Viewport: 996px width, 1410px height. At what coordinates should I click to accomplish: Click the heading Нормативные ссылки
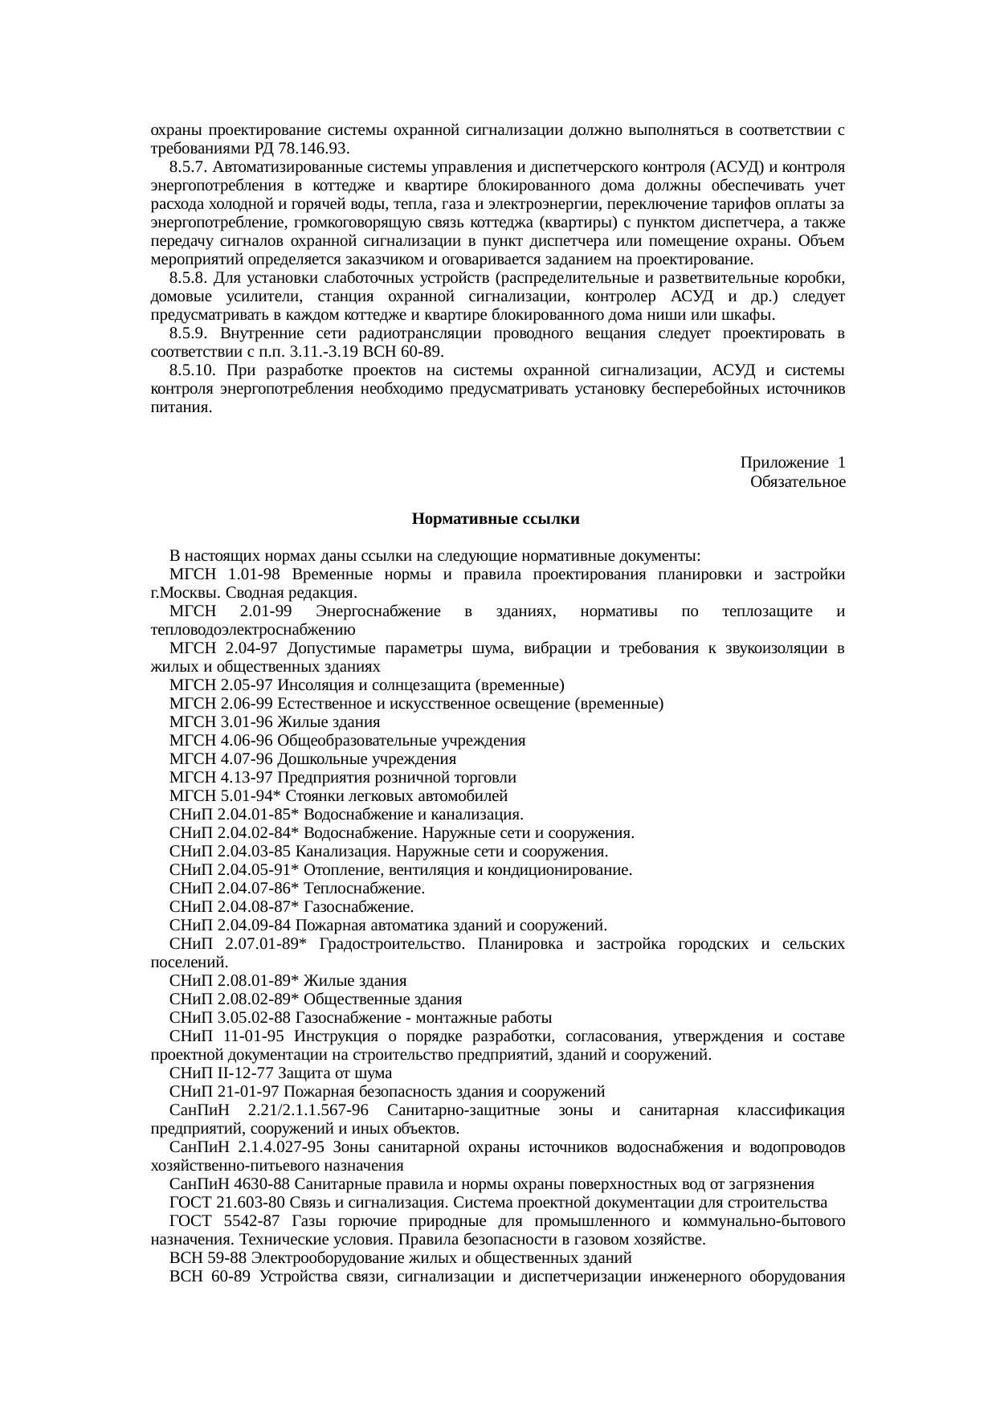[496, 520]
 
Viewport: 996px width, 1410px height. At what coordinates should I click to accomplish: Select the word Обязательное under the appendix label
[797, 482]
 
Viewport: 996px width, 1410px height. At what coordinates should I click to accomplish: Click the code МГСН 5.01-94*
[222, 796]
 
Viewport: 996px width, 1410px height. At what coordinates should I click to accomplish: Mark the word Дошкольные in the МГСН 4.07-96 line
[314, 759]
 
